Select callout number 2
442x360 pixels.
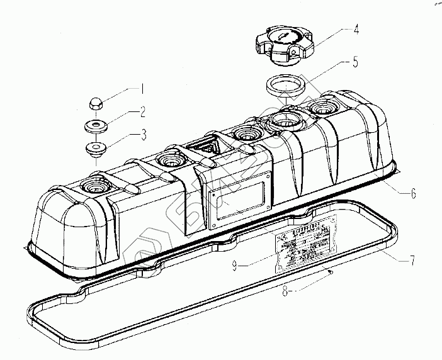pos(143,113)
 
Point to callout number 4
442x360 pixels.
pos(356,29)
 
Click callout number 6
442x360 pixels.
pos(413,193)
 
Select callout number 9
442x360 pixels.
pos(234,266)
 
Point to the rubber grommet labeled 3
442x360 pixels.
pos(96,150)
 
